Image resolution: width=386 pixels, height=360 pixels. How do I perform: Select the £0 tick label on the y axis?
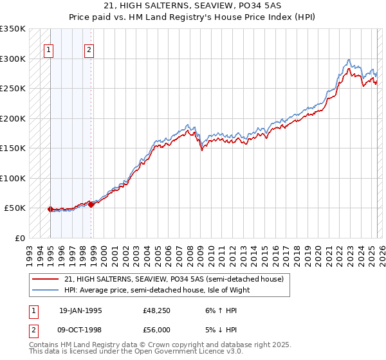click(20, 238)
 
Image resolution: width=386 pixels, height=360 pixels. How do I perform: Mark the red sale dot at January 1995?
click(51, 209)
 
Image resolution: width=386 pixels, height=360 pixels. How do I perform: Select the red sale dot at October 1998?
click(91, 204)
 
